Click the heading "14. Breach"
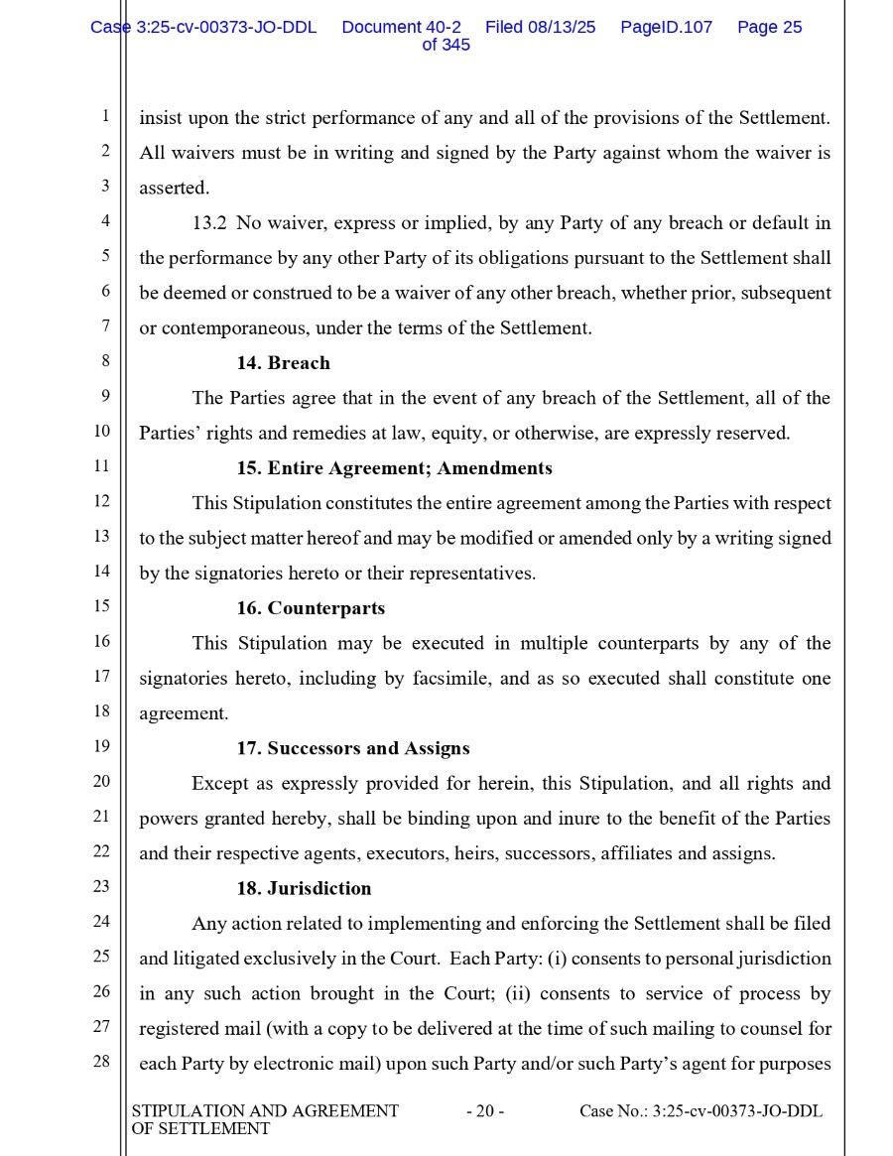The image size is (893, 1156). [x=283, y=363]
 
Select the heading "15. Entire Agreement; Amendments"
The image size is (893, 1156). [x=394, y=468]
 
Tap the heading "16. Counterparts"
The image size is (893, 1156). [x=311, y=608]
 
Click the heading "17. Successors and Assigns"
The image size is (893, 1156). [x=352, y=748]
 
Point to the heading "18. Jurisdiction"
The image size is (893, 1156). [x=304, y=888]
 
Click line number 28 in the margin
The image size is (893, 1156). [x=101, y=1062]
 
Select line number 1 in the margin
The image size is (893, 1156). [x=104, y=116]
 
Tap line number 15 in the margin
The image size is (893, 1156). [x=101, y=606]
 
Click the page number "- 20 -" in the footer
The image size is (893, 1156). [x=485, y=1111]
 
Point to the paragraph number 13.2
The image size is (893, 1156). [x=209, y=223]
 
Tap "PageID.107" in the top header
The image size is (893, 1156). [x=666, y=28]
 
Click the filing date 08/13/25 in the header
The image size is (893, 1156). [x=561, y=28]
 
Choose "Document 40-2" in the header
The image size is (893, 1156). [x=401, y=28]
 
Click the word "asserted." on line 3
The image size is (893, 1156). [x=175, y=189]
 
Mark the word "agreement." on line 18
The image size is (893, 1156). [x=184, y=713]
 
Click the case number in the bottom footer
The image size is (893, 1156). [x=701, y=1111]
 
